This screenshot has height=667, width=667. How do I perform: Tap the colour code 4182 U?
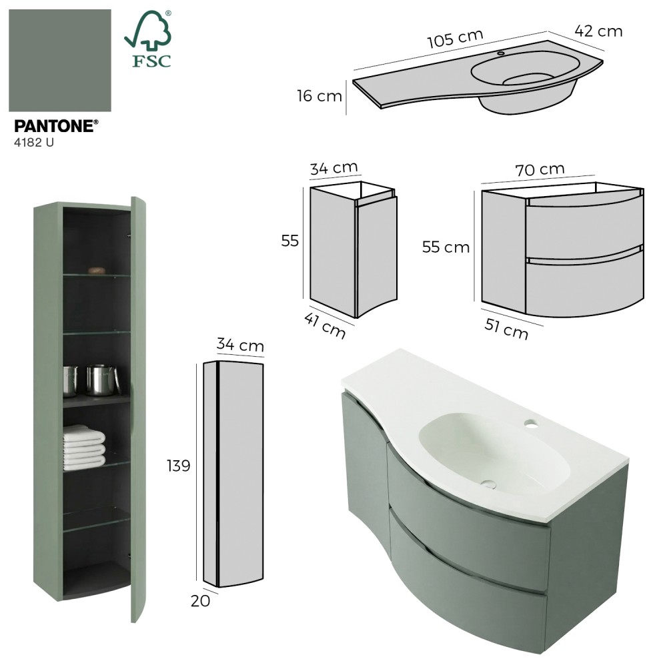click(x=34, y=143)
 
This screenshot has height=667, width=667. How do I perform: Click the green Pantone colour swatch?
click(x=60, y=61)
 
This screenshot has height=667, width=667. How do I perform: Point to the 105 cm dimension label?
click(x=455, y=39)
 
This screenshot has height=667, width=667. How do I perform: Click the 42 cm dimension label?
click(x=598, y=31)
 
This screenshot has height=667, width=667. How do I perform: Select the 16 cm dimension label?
click(x=319, y=95)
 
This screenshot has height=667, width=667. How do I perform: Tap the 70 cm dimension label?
click(x=540, y=169)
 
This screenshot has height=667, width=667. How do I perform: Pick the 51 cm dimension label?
click(x=506, y=329)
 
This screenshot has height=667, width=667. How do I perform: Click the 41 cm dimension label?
click(x=325, y=325)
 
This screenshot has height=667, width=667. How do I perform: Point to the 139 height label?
click(x=179, y=466)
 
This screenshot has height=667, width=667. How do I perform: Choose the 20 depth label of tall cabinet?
click(x=200, y=601)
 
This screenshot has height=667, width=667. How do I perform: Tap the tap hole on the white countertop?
click(x=530, y=424)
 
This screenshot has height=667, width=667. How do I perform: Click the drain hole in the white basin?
click(x=489, y=484)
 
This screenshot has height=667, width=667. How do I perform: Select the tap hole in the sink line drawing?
click(x=501, y=53)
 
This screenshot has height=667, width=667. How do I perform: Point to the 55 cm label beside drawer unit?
click(x=446, y=247)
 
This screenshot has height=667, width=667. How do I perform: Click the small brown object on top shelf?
click(x=97, y=270)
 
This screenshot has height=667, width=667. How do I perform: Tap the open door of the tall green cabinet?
click(x=138, y=408)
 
